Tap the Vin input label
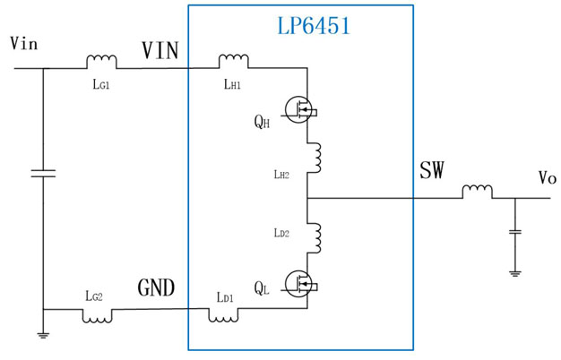25,42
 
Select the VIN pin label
160,52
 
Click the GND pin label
156,287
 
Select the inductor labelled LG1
101,62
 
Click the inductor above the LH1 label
234,62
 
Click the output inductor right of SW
477,192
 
